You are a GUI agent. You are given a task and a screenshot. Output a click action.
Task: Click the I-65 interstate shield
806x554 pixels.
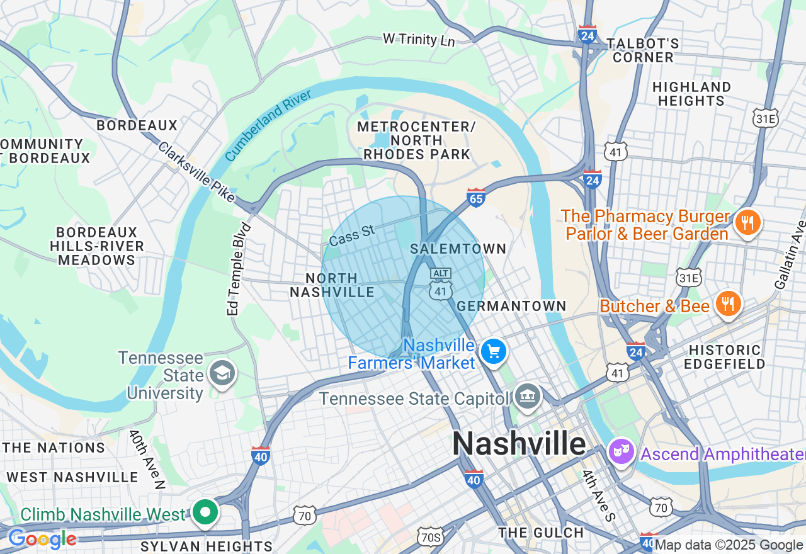pyautogui.click(x=476, y=198)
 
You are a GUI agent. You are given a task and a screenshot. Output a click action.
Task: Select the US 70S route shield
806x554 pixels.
pyautogui.click(x=431, y=536)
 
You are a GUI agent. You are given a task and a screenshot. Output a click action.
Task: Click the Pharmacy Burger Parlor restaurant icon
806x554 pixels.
pyautogui.click(x=747, y=223)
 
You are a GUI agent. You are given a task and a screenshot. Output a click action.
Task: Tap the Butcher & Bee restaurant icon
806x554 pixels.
pyautogui.click(x=728, y=304)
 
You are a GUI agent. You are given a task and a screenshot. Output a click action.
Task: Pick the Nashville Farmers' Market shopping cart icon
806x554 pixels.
pyautogui.click(x=493, y=352)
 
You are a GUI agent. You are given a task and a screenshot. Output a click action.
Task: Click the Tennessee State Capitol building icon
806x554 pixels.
pyautogui.click(x=527, y=397)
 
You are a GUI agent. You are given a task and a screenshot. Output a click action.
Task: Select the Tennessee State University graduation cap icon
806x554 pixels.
pyautogui.click(x=222, y=373)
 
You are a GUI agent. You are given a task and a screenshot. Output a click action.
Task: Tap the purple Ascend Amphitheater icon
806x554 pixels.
pyautogui.click(x=622, y=452)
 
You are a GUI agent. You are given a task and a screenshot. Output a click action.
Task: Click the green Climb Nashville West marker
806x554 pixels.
pyautogui.click(x=205, y=512)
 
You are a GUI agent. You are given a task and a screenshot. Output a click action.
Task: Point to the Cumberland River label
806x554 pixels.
pyautogui.click(x=268, y=125)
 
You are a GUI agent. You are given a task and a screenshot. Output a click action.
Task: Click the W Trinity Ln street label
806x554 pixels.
pyautogui.click(x=419, y=40)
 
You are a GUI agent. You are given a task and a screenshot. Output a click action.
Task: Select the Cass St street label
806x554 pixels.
pyautogui.click(x=352, y=236)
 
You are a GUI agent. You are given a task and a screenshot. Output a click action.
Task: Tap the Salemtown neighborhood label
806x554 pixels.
pyautogui.click(x=458, y=249)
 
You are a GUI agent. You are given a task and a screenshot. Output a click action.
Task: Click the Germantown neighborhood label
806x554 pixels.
pyautogui.click(x=511, y=306)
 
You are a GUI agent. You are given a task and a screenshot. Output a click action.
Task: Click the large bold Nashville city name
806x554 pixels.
pyautogui.click(x=519, y=444)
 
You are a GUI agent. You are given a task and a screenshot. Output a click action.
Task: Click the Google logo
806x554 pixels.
pyautogui.click(x=42, y=540)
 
